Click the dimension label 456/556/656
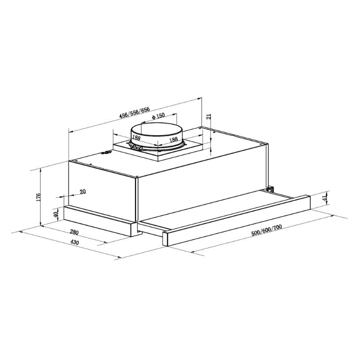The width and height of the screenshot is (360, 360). (x=135, y=112)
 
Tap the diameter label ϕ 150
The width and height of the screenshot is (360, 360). (x=158, y=116)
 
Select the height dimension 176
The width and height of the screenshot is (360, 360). (x=38, y=197)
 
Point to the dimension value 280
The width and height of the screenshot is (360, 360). (x=74, y=232)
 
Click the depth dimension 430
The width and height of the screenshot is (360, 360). (x=74, y=242)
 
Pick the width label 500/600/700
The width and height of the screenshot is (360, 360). (x=266, y=230)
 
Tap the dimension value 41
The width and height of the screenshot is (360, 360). (x=325, y=198)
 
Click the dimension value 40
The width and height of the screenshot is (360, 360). (x=55, y=215)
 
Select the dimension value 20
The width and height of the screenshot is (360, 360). (x=83, y=191)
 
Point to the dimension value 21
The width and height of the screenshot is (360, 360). (x=209, y=117)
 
